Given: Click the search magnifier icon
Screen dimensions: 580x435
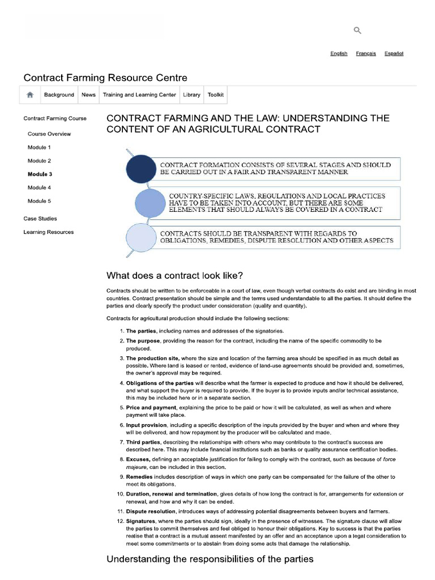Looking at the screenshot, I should [x=357, y=31].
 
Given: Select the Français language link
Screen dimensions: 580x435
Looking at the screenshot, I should [x=366, y=53].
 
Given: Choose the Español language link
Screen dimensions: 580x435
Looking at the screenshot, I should [x=394, y=53].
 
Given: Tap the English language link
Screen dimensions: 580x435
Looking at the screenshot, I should [x=339, y=53].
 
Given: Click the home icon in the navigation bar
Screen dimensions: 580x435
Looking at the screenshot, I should [x=30, y=95].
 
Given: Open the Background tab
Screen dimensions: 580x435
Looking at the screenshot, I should [x=59, y=95].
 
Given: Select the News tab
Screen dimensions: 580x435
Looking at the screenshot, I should [x=88, y=95].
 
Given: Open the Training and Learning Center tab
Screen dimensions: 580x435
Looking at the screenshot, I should [x=139, y=95].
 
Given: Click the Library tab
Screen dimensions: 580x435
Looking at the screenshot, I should [x=191, y=95].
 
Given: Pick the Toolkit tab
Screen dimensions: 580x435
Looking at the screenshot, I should [x=216, y=95].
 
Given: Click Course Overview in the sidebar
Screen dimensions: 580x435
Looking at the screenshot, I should [x=49, y=134].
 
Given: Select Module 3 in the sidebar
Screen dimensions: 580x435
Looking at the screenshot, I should [x=40, y=174].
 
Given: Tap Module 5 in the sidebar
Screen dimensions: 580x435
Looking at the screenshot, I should [x=39, y=201].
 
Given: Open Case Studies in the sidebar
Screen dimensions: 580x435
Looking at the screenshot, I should [x=40, y=219].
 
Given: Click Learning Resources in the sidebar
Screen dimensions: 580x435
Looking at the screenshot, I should [x=48, y=232].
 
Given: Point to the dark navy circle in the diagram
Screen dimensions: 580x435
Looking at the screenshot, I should [x=140, y=168].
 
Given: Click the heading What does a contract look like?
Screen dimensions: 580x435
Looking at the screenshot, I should [x=174, y=276].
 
